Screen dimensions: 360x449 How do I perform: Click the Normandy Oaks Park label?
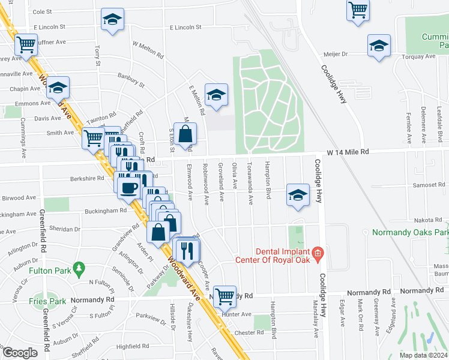(x=411, y=232)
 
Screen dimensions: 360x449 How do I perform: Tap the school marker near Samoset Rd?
(x=298, y=195)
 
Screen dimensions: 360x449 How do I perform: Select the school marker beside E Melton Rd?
(x=216, y=95)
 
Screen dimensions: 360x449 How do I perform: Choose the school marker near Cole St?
(x=112, y=20)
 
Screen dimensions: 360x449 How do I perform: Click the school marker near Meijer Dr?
(x=379, y=46)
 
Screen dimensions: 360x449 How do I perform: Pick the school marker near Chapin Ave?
(x=58, y=88)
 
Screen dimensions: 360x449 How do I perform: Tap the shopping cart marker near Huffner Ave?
(x=26, y=44)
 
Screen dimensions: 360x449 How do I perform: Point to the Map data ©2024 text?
(x=423, y=355)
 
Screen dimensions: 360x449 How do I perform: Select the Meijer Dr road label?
(x=336, y=53)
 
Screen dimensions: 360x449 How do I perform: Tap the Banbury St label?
(x=131, y=79)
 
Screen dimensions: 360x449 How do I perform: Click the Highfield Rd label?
(x=132, y=346)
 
